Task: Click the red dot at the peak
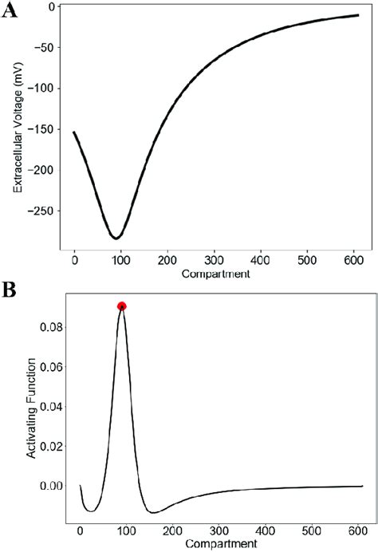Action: click(x=121, y=306)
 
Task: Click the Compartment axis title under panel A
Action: click(x=215, y=274)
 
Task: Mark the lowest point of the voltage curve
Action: click(x=116, y=238)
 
